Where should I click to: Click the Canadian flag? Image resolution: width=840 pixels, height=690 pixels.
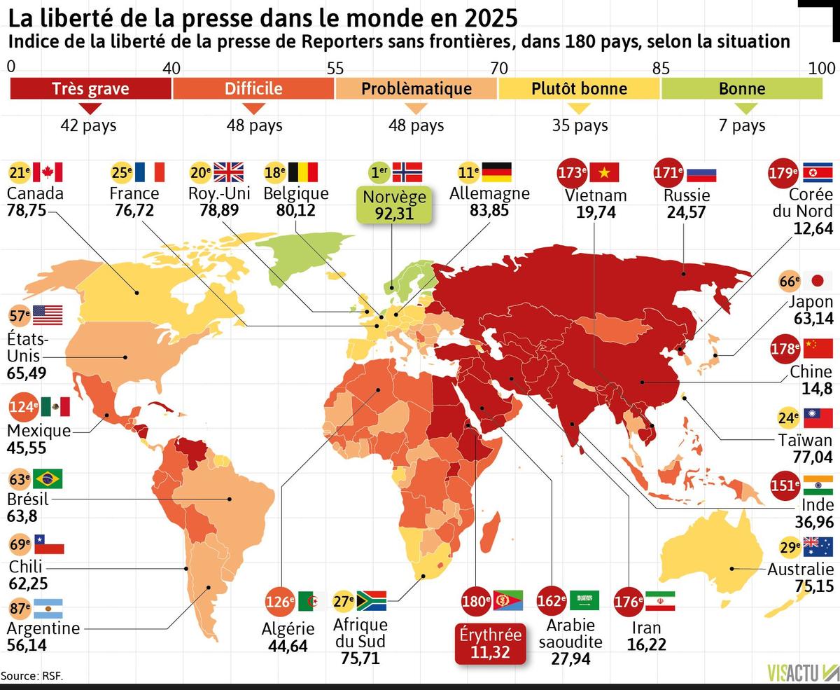pyautogui.click(x=48, y=172)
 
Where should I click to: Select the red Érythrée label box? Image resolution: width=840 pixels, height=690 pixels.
pyautogui.click(x=490, y=644)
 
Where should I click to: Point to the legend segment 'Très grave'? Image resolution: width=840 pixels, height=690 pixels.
pyautogui.click(x=90, y=88)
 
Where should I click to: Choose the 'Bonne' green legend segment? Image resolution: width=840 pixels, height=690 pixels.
pyautogui.click(x=741, y=88)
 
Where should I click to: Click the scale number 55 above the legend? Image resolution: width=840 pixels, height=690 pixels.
pyautogui.click(x=335, y=68)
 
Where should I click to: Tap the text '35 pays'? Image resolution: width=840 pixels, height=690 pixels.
pyautogui.click(x=580, y=126)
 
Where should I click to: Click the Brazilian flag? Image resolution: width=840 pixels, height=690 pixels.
pyautogui.click(x=48, y=479)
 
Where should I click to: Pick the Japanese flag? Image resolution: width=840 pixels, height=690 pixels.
pyautogui.click(x=818, y=282)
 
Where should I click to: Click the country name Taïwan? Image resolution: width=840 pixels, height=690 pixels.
pyautogui.click(x=805, y=440)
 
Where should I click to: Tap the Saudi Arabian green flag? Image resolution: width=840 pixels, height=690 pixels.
pyautogui.click(x=584, y=601)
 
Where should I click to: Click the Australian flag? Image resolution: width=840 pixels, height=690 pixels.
pyautogui.click(x=818, y=546)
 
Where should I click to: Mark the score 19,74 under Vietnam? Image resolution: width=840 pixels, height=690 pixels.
pyautogui.click(x=596, y=212)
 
